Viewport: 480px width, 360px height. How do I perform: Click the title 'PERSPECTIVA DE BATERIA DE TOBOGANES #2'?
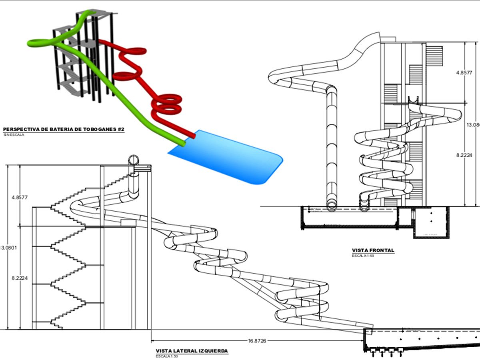click(x=64, y=129)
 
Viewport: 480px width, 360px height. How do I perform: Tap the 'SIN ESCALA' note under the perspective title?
click(x=14, y=135)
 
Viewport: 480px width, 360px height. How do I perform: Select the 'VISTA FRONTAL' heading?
click(x=373, y=250)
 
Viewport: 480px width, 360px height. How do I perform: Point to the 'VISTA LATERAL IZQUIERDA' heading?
click(x=192, y=351)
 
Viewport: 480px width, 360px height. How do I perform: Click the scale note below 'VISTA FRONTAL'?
click(x=363, y=255)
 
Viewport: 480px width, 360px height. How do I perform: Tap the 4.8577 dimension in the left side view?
click(x=20, y=197)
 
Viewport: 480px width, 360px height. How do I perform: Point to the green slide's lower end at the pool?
click(x=182, y=142)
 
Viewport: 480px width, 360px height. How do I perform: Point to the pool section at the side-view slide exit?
click(x=420, y=340)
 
